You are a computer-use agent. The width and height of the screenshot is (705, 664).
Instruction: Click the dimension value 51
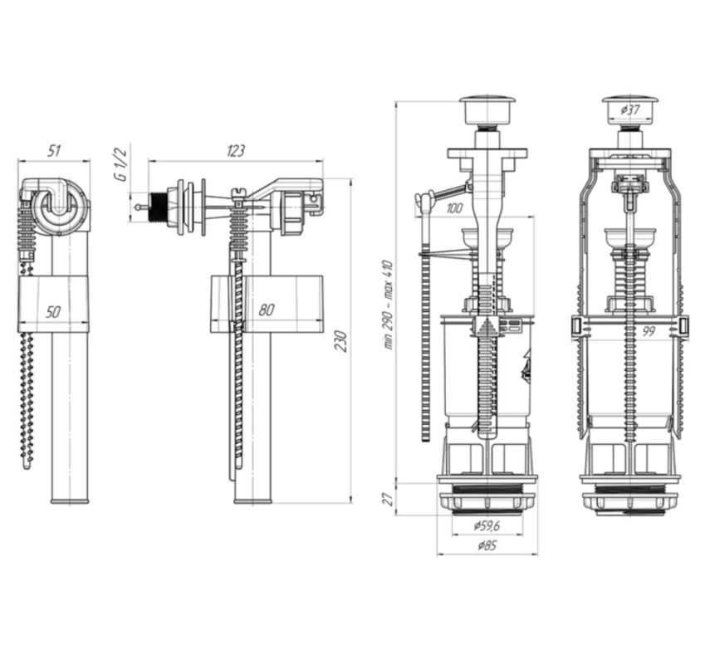(x=54, y=150)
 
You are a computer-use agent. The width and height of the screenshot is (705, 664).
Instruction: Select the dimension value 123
(x=236, y=150)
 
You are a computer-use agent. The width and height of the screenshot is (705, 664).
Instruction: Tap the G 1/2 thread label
(x=121, y=164)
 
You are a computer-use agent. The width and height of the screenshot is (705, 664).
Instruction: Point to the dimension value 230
(x=341, y=341)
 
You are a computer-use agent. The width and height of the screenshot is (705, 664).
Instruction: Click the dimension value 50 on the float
(x=52, y=311)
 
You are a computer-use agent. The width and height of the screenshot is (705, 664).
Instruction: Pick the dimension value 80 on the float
(x=267, y=310)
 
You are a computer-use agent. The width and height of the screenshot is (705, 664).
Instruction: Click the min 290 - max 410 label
(x=389, y=305)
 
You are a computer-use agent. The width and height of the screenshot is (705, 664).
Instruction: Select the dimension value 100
(x=454, y=208)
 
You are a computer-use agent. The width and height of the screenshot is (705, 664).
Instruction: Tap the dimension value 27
(x=389, y=499)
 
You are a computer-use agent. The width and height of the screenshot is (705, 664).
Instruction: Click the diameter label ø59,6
(x=487, y=525)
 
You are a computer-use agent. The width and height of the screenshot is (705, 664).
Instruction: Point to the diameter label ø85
(x=487, y=545)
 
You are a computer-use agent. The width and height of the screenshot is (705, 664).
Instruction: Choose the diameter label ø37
(x=630, y=110)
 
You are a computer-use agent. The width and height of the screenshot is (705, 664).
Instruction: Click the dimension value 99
(x=648, y=331)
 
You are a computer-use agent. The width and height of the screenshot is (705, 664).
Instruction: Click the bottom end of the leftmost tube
(x=70, y=501)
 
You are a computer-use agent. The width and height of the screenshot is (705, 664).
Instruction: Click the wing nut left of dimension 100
(x=424, y=198)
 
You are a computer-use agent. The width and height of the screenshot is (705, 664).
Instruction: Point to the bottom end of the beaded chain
(x=27, y=466)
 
